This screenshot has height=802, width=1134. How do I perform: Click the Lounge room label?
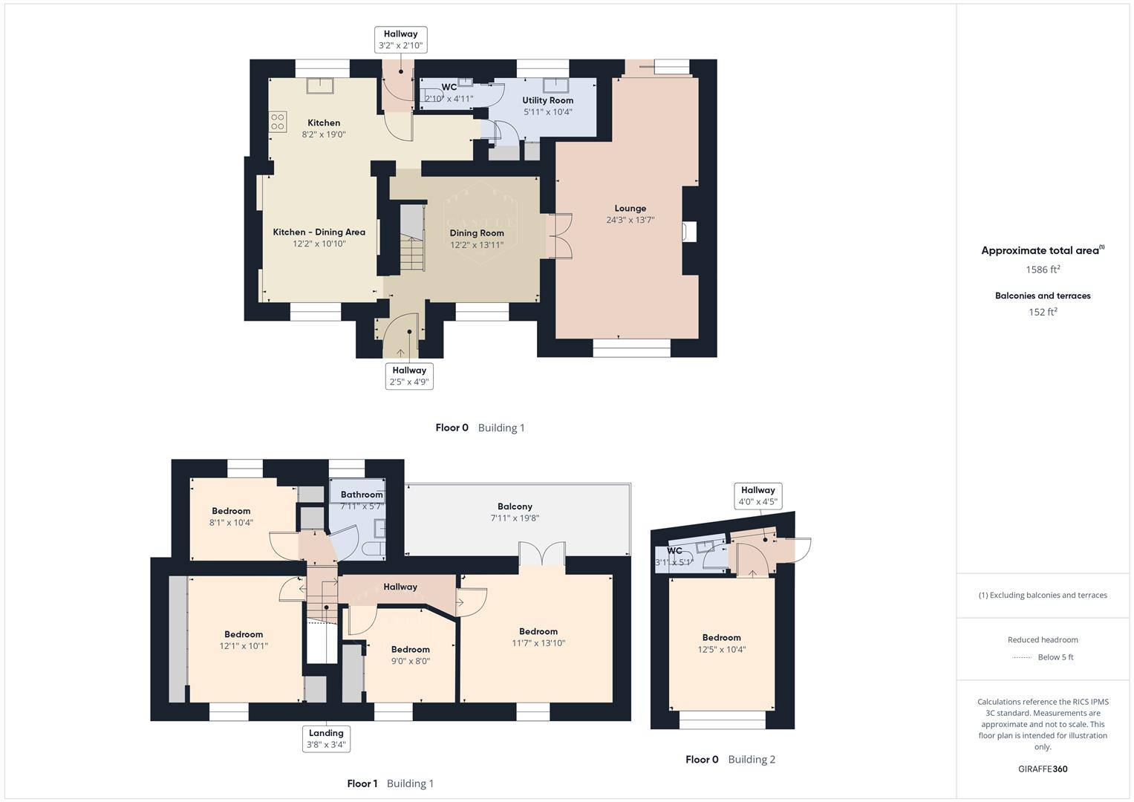(630, 209)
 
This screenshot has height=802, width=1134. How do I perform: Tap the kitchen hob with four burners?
(278, 122)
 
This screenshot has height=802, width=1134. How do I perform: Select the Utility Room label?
(547, 100)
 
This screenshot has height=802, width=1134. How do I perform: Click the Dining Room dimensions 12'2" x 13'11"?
(476, 244)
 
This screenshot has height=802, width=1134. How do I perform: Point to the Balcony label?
(515, 506)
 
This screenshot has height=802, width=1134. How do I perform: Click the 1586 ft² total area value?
(1043, 270)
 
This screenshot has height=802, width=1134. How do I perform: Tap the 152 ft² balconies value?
(1043, 312)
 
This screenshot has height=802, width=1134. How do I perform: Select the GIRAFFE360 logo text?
(1043, 769)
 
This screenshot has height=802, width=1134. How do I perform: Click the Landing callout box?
(326, 738)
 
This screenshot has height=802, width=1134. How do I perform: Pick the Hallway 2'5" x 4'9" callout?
(409, 376)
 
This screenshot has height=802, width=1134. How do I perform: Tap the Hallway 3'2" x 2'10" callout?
(400, 39)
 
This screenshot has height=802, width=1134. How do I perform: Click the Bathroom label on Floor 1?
(362, 495)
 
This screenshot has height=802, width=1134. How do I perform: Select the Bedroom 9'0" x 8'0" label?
(410, 649)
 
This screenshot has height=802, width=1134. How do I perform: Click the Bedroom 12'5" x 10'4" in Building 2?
(721, 643)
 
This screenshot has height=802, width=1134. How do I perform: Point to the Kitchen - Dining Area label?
(319, 232)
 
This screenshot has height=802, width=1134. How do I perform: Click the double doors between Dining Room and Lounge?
(559, 236)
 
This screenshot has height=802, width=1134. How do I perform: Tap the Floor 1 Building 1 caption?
(390, 783)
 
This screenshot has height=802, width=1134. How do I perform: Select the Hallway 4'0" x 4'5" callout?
(757, 495)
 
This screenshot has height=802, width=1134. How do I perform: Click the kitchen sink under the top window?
(320, 85)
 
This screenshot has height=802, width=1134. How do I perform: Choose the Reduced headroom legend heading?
(1043, 639)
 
